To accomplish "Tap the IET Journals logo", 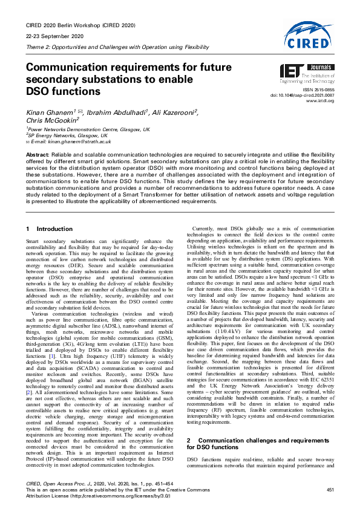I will (x=307, y=73).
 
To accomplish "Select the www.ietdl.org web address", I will (x=322, y=101).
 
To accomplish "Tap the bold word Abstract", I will (x=38, y=155).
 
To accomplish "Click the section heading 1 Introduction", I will (x=50, y=212).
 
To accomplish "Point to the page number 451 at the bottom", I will (x=330, y=489).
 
